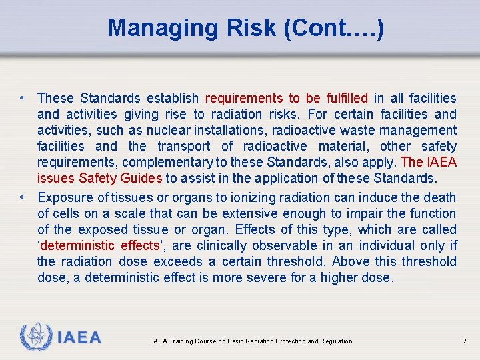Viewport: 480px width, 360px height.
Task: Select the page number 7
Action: click(x=465, y=341)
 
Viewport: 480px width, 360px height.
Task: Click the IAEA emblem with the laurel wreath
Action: click(x=35, y=337)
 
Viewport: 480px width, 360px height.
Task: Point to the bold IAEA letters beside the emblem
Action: click(x=79, y=337)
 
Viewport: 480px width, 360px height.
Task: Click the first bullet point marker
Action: click(x=23, y=98)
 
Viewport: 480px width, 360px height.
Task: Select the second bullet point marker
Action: click(x=23, y=197)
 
